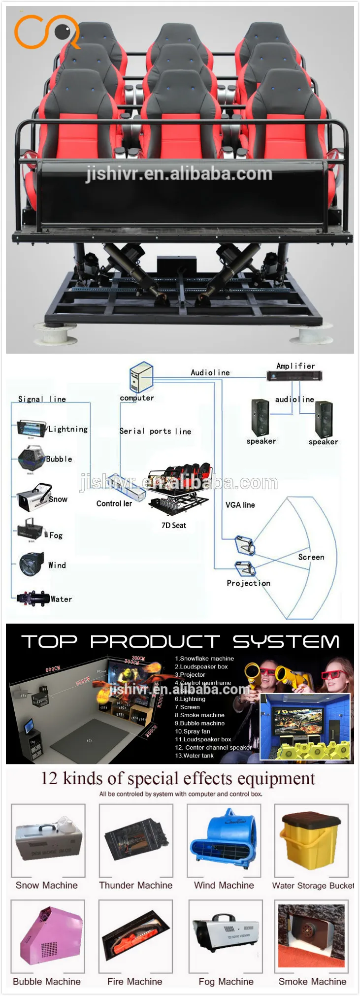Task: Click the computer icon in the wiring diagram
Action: pos(141,377)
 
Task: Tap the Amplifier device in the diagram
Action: pos(294,376)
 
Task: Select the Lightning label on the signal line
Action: pos(68,429)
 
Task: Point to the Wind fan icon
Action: pos(32,564)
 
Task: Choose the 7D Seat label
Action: pos(174,525)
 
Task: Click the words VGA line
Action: pos(240,505)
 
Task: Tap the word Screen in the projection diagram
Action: pos(311,557)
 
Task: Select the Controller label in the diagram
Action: pos(114,503)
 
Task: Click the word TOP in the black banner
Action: pos(49,641)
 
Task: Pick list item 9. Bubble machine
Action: pos(200,723)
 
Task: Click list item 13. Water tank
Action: pos(195,756)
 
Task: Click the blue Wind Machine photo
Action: pos(224,839)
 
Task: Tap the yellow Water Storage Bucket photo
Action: pos(311,839)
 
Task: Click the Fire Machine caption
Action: pos(134,981)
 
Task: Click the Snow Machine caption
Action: pos(47,885)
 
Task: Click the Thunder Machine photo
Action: pos(135,839)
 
